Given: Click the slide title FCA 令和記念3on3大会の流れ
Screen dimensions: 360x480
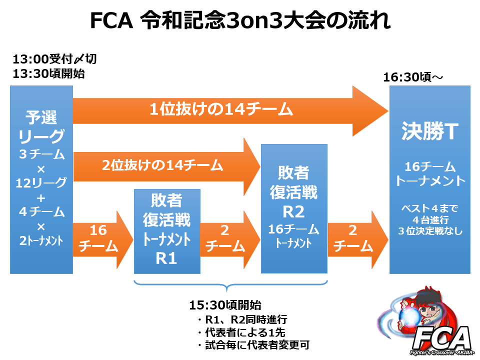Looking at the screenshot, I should coord(240,21).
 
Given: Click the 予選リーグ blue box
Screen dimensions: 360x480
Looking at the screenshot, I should coord(41,179).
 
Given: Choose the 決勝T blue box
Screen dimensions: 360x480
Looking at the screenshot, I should coord(430,179).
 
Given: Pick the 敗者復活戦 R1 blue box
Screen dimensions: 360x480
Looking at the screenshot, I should coord(166,231).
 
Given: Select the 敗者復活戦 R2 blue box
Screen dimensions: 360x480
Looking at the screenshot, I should coord(294,208).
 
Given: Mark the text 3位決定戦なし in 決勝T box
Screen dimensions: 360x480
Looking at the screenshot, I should coord(430,231).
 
